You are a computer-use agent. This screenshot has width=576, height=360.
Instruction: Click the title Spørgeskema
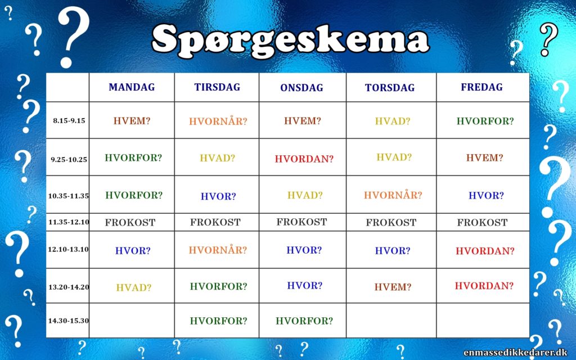[290, 41]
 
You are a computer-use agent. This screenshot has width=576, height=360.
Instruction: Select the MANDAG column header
[132, 87]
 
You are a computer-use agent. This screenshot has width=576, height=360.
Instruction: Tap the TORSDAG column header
[390, 87]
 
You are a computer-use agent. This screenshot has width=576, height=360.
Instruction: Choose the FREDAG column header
[482, 87]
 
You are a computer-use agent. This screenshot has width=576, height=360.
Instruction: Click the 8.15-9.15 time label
[69, 120]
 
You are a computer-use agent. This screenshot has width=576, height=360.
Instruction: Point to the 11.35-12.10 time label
[69, 222]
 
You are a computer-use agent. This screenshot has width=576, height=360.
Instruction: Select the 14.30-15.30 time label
[69, 321]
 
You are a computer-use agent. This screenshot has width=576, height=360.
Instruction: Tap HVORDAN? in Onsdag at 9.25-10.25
[304, 159]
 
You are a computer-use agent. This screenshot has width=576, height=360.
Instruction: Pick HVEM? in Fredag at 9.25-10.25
[484, 157]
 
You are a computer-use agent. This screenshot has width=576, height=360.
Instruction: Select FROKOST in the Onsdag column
[301, 222]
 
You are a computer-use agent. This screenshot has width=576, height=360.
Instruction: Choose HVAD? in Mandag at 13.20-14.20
[134, 287]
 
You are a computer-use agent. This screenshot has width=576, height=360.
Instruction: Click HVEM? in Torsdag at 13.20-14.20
[393, 287]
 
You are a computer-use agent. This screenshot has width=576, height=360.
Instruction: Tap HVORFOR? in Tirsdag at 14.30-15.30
[218, 321]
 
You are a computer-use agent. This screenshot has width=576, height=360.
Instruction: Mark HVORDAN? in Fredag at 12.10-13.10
[485, 251]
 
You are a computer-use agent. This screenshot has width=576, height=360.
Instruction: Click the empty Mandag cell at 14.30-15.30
[132, 320]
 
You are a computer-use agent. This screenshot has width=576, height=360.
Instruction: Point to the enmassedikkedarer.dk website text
[515, 353]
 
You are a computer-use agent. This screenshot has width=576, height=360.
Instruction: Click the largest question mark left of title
[73, 37]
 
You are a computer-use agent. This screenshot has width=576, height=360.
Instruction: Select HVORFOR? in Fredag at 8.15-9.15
[485, 121]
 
